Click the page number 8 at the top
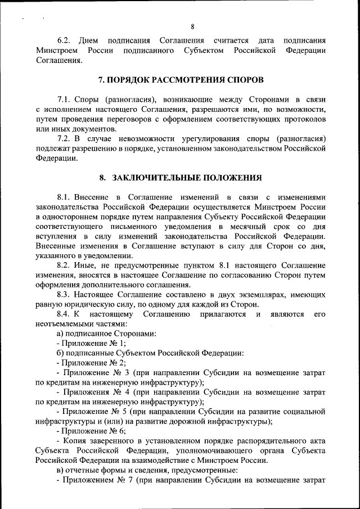pos(192,26)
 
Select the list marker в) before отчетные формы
pos(61,470)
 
